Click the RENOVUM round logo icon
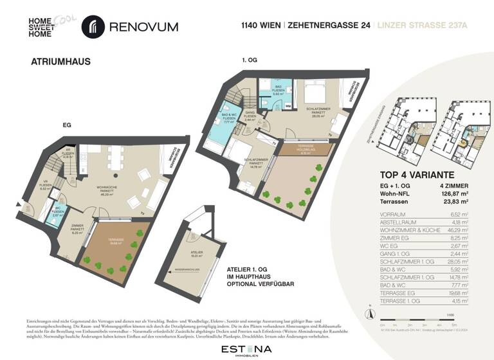pyautogui.click(x=93, y=28)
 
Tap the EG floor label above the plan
pyautogui.click(x=66, y=127)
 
